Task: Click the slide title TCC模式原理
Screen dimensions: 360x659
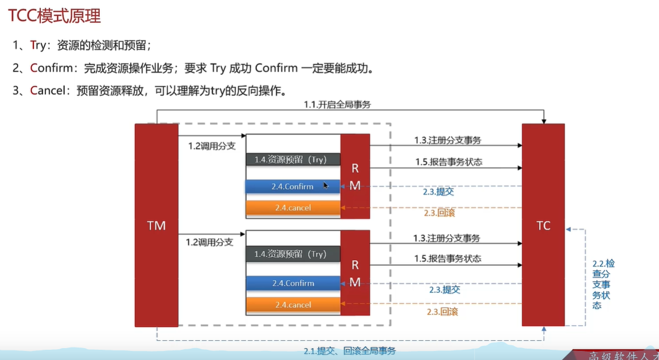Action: (54, 16)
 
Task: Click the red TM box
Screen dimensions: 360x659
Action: (156, 226)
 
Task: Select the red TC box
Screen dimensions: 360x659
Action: (543, 226)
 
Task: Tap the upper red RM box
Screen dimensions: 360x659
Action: (355, 176)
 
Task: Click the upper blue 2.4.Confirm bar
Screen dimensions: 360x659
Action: (293, 187)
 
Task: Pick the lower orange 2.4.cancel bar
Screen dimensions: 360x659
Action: (293, 305)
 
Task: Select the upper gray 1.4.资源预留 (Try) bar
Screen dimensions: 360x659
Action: (293, 160)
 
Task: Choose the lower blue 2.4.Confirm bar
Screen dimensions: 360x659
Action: (293, 283)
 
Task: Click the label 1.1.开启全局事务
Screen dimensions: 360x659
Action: (337, 104)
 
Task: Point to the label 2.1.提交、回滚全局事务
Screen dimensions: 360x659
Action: (349, 351)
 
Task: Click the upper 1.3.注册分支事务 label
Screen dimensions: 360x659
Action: (447, 141)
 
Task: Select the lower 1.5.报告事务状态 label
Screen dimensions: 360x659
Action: (447, 259)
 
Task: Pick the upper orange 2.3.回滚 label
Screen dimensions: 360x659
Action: (439, 213)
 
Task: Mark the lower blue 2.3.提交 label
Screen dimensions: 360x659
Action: (444, 290)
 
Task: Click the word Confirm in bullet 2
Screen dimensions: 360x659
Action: (52, 69)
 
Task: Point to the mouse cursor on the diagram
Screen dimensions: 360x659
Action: (326, 185)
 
